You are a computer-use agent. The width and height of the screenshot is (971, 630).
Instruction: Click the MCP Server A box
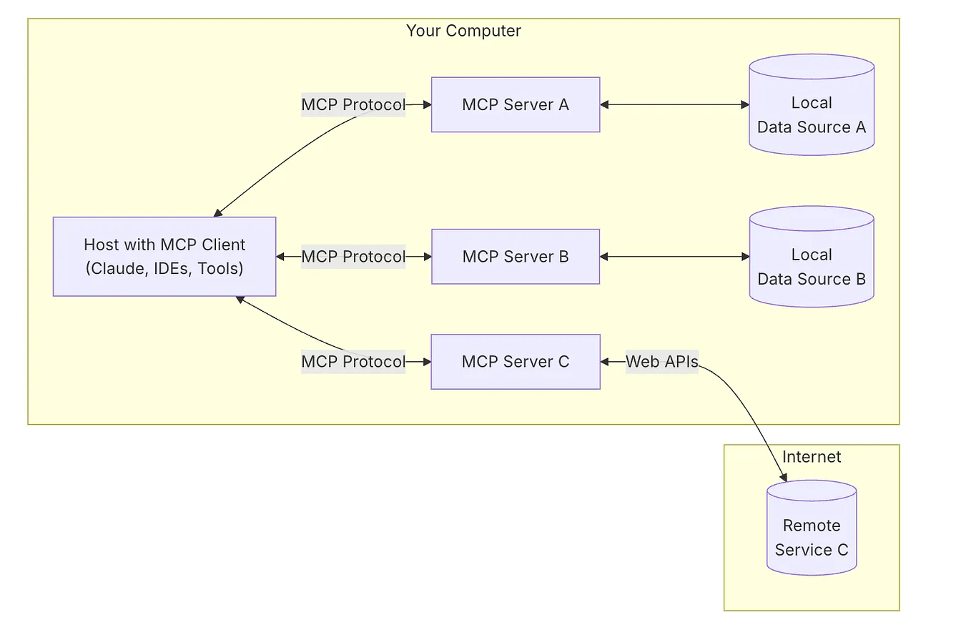click(x=515, y=104)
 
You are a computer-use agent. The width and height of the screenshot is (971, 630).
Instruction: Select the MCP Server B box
click(x=515, y=257)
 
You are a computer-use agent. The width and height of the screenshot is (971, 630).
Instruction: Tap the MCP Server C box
click(x=515, y=362)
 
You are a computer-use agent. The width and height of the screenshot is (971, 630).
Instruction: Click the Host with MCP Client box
click(x=164, y=257)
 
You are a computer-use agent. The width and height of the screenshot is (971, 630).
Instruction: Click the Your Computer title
click(x=463, y=31)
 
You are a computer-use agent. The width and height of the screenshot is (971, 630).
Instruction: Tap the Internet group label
click(x=812, y=457)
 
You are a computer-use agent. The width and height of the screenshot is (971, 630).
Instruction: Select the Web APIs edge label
click(x=661, y=362)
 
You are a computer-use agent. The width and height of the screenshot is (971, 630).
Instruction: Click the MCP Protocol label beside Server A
click(x=353, y=104)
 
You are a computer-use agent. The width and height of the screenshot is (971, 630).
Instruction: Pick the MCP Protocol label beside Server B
click(x=353, y=257)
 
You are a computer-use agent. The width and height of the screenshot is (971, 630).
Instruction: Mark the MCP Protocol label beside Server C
click(x=353, y=362)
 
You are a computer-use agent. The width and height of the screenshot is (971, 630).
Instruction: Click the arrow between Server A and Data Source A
click(x=674, y=104)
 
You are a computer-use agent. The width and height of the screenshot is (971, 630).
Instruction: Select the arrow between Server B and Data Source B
click(x=674, y=257)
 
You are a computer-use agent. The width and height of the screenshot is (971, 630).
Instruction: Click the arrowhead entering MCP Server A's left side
click(x=427, y=104)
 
